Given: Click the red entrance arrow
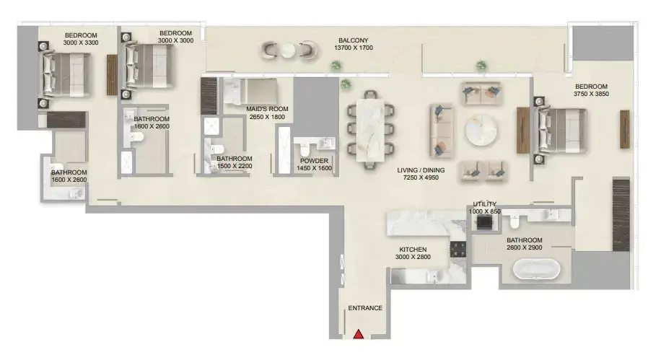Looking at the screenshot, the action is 359,334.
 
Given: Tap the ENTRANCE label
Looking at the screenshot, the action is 365,308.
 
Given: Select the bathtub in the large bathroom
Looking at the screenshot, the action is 537,268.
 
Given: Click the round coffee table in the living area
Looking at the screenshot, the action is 481,131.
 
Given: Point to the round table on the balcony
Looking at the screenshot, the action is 289,51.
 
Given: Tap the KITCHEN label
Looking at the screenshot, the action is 413,250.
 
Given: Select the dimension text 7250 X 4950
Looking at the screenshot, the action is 421,177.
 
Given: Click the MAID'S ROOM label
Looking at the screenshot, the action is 267,109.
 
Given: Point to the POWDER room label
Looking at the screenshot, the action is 314,161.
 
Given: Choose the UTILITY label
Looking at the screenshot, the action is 484,204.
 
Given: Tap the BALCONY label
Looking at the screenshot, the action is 354,40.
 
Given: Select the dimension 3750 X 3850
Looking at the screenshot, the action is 591,94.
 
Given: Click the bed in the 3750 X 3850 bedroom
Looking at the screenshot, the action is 560,131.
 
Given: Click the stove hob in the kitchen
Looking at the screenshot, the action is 458,250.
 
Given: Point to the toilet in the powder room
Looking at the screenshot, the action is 304,149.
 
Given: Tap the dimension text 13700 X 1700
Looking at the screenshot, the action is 354,48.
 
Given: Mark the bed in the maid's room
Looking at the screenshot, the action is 250,91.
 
